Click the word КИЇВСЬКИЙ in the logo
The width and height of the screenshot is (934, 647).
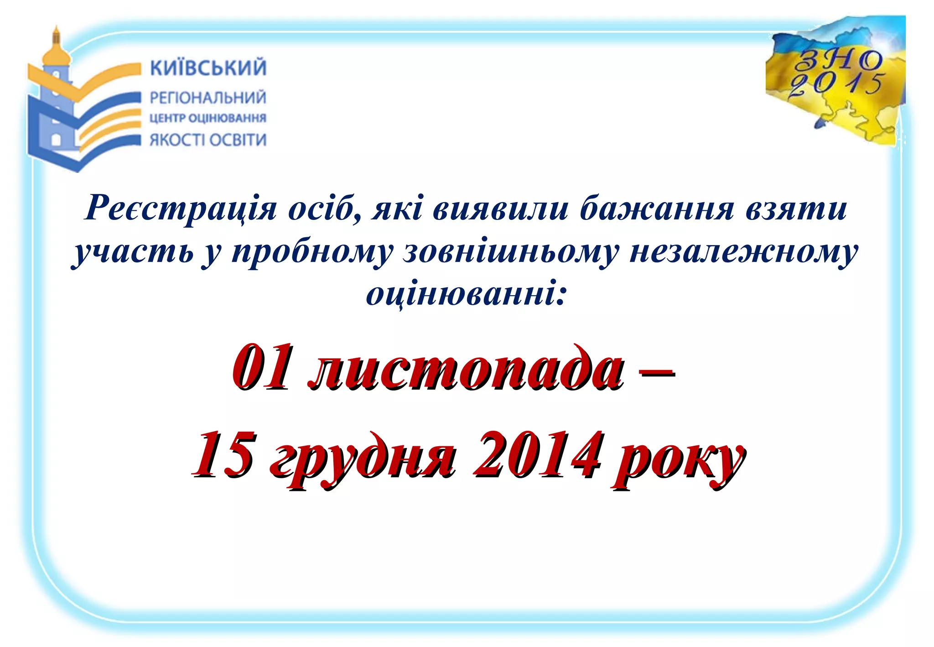208,68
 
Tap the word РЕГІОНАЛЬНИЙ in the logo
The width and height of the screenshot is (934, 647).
208,98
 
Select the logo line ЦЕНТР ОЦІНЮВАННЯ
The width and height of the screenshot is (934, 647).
208,118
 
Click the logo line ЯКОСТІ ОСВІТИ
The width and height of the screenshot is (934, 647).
208,140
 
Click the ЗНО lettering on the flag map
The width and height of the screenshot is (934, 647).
838,60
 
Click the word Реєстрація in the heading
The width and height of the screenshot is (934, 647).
181,209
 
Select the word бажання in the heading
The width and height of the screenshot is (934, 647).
657,209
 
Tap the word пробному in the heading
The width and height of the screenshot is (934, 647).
312,252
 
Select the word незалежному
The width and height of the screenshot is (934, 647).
743,252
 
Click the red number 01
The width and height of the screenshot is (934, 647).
261,368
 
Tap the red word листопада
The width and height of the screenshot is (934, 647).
465,370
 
